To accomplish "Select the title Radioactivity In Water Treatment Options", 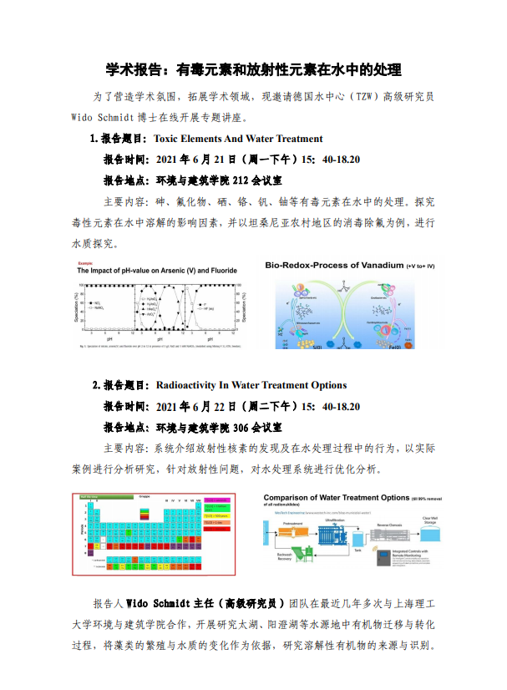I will (251, 385).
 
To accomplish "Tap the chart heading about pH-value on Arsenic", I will (157, 271).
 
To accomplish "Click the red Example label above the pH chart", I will (86, 262).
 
